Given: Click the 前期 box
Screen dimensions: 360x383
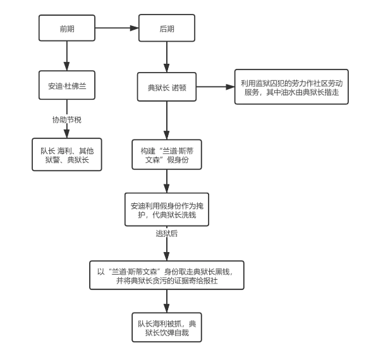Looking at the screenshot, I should [x=66, y=29].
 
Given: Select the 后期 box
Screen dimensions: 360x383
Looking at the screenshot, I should [x=167, y=29].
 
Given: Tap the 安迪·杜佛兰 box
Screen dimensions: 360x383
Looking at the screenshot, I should [x=66, y=86].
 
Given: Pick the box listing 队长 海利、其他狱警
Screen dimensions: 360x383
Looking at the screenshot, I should [x=66, y=152].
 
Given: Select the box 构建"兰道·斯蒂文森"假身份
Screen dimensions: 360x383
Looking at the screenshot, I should [x=167, y=152].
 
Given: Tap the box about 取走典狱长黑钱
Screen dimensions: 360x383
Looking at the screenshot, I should [x=167, y=275].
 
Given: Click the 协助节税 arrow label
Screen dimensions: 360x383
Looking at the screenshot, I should [x=66, y=119].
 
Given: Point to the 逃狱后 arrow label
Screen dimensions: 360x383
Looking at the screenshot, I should [x=167, y=233].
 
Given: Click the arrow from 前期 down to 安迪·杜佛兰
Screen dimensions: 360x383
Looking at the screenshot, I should [x=66, y=57].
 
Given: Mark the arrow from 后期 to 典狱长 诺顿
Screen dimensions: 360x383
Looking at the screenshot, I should [x=167, y=57].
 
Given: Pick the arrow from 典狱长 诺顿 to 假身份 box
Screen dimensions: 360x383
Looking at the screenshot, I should [x=167, y=119].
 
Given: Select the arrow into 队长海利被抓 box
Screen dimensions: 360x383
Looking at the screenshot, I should [x=167, y=301].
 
